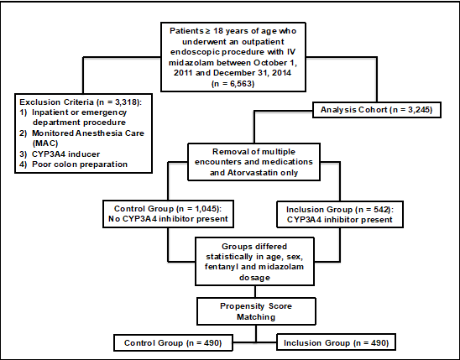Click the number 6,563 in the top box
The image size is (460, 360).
point(237,84)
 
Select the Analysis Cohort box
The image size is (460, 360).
point(377,110)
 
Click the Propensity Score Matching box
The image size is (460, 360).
point(256,311)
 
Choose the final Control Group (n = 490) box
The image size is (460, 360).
point(173,343)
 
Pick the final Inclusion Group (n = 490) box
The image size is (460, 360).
point(337,342)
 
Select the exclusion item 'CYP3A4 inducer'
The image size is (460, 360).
point(65,154)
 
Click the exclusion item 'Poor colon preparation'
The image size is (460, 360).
point(80,164)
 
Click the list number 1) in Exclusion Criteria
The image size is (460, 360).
point(24,112)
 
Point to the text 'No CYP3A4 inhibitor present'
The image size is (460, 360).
point(168,219)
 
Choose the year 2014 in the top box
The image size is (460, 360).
point(281,73)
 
